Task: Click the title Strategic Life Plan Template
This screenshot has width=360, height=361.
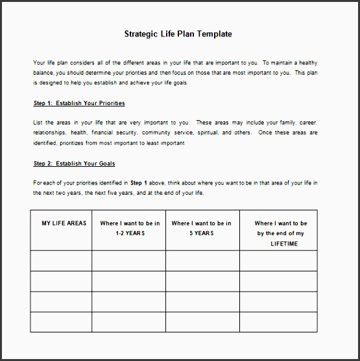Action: (178, 34)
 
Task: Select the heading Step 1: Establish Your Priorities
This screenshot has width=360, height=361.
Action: (79, 103)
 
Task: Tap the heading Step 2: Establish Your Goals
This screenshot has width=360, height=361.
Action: (74, 164)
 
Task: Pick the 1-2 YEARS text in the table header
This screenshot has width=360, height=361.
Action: (128, 233)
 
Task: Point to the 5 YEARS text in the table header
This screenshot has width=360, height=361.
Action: (202, 233)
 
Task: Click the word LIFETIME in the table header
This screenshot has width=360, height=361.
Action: (281, 243)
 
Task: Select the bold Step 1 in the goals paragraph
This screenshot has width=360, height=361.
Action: (139, 184)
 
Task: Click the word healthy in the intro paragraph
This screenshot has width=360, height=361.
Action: (305, 63)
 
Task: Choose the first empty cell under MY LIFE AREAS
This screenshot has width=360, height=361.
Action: (61, 260)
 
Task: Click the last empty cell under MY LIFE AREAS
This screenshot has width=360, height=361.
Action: (61, 322)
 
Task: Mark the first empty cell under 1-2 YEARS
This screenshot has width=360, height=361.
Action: (128, 260)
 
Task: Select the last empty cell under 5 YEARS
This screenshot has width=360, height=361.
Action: (202, 322)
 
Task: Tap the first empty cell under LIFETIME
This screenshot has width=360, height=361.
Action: (278, 260)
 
